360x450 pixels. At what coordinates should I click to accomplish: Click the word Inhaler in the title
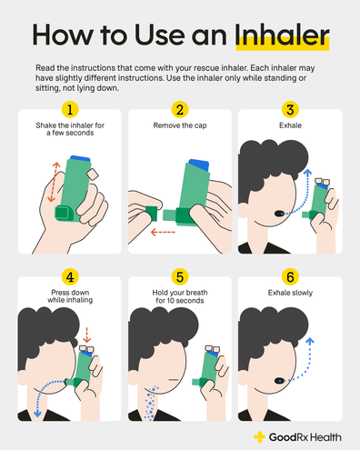pos(281,37)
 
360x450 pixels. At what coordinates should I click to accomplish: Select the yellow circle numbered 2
pos(180,110)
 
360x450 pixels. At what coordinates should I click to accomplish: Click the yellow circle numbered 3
pos(292,110)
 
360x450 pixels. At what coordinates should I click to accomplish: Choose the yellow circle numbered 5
pos(180,275)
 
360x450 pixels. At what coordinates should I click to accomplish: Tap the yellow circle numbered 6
pos(292,275)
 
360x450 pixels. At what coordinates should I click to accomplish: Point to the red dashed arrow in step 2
pos(165,231)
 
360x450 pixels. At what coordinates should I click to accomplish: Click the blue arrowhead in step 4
pos(35,413)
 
